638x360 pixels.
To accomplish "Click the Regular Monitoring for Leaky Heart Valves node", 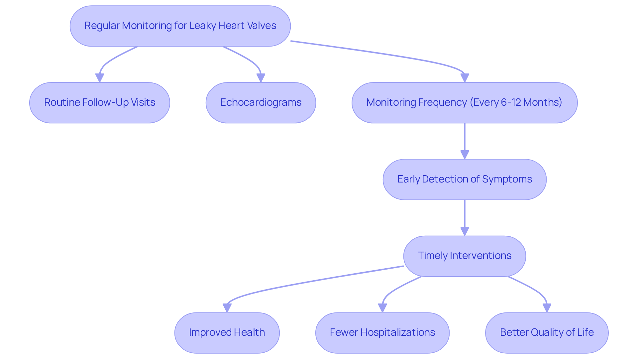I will coord(180,26).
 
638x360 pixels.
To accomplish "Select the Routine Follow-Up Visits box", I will coord(100,103).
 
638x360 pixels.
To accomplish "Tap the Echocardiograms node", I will coord(261,103).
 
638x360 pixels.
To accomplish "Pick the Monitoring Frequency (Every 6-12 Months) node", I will coord(465,103).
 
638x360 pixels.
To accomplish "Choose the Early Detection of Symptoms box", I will coord(465,180).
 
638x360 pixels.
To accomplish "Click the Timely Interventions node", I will coord(465,256).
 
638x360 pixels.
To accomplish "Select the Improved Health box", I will coord(227,333).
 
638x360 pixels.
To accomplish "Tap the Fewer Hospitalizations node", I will coord(382,333).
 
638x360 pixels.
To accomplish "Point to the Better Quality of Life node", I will coord(547,333).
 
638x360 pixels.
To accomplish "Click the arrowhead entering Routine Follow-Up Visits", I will coord(100,78).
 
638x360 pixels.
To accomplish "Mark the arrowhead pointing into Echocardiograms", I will coord(261,78).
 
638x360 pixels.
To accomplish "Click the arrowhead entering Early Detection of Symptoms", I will coord(465,155).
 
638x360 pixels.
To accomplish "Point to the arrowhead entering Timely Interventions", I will coord(465,232).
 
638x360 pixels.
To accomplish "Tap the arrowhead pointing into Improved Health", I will coord(227,308).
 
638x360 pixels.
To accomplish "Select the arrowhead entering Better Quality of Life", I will coord(547,308).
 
